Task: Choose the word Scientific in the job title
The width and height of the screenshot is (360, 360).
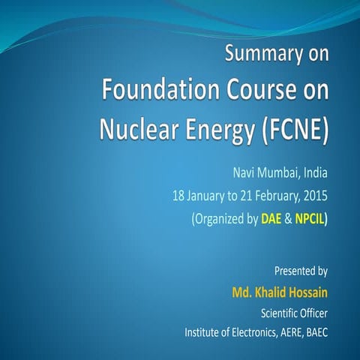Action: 280,311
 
